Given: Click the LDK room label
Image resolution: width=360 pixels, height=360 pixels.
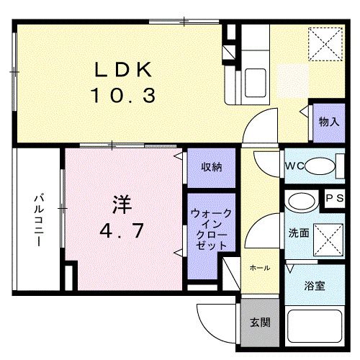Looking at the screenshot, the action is [123, 69].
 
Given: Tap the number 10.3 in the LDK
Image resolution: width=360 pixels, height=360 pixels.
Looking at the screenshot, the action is [123, 95].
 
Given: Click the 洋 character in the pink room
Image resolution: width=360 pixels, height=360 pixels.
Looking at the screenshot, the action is [122, 204].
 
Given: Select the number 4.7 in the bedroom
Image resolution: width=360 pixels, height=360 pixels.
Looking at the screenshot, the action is [122, 230].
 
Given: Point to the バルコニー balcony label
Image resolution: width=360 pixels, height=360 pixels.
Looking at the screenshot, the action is [39, 221].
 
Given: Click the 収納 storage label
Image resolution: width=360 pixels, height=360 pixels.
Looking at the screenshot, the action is [212, 167].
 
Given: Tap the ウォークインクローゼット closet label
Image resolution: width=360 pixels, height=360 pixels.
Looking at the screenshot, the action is [211, 230].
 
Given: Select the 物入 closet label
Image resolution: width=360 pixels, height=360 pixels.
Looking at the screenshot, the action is [329, 122].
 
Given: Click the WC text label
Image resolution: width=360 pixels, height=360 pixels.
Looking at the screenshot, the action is [294, 166].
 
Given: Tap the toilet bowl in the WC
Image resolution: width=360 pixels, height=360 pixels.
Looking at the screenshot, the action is [320, 166].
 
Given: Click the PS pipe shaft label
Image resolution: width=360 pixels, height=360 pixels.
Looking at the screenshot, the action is [335, 198].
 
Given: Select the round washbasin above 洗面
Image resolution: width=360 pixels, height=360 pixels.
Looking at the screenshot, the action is [302, 201].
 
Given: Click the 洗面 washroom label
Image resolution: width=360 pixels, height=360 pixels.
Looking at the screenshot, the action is [299, 233].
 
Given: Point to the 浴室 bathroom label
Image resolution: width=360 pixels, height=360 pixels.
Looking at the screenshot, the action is [315, 286].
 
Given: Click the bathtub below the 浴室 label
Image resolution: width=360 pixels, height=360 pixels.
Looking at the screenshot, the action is [315, 326].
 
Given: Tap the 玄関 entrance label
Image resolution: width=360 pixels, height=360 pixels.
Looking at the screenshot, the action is [260, 323].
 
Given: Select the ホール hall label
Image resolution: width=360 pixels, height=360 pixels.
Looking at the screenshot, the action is [260, 268].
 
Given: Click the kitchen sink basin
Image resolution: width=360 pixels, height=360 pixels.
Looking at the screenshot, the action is [256, 83].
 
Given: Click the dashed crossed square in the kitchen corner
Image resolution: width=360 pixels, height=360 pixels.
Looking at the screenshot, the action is [325, 44].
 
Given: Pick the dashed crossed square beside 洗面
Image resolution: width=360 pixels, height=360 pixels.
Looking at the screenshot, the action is [328, 240].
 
